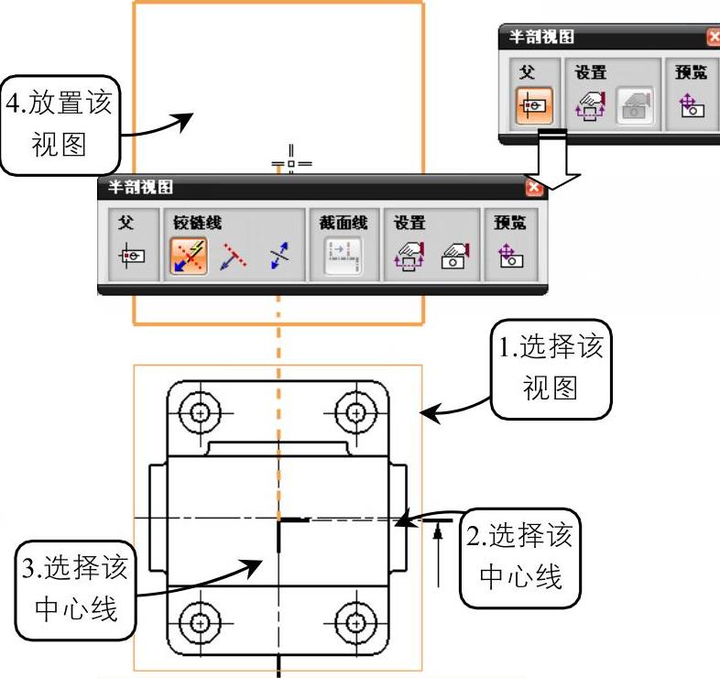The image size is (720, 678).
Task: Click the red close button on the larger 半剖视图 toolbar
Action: (535, 188)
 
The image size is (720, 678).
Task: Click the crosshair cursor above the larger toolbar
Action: (292, 164)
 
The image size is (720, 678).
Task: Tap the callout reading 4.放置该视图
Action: (60, 125)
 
